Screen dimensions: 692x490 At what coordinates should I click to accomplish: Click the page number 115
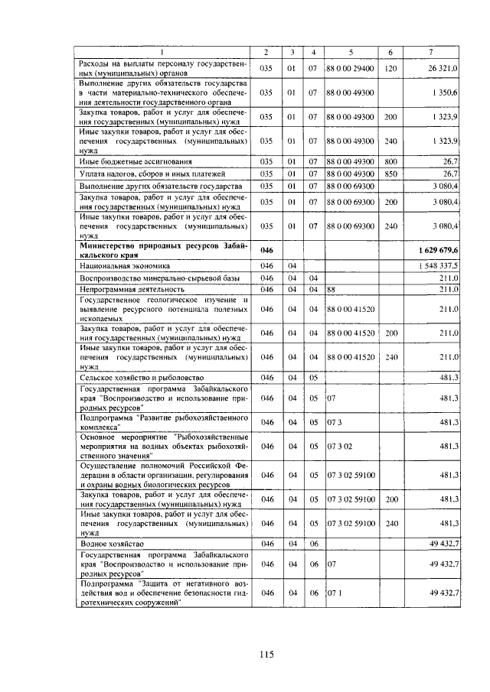point(266,653)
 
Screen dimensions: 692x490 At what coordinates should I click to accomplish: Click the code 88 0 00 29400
point(350,69)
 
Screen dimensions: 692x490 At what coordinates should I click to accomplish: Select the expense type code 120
point(390,69)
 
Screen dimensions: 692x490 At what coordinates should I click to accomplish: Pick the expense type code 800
point(390,161)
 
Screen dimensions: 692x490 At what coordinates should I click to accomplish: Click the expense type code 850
point(390,174)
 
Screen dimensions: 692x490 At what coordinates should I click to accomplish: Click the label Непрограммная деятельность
point(132,290)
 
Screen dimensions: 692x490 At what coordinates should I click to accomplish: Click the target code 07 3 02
point(340,446)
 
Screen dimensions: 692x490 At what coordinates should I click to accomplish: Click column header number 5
point(350,52)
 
